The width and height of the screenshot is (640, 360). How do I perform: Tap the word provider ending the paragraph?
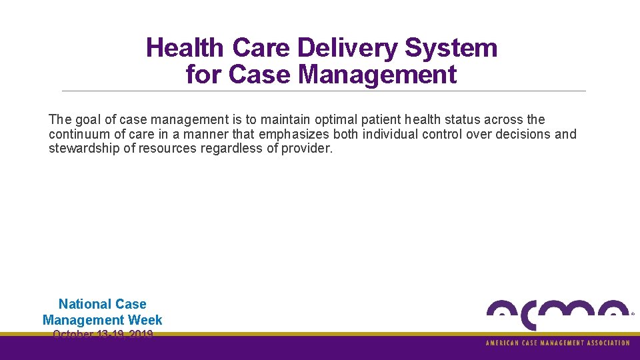(306, 148)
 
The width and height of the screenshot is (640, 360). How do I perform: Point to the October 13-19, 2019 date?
(103, 334)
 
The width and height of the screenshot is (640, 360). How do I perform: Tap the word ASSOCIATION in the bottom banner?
(605, 343)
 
